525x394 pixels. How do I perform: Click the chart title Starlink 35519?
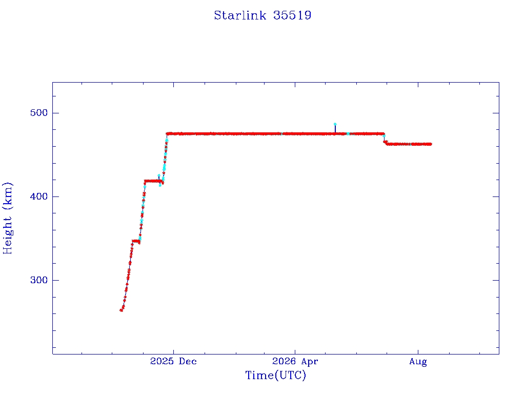262,15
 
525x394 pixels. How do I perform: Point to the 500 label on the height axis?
39,112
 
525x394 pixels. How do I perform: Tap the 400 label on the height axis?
39,196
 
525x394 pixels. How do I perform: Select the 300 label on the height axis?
39,280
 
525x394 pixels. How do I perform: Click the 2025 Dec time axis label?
173,361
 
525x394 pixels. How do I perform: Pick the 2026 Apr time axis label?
295,361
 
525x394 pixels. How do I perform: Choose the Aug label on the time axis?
418,362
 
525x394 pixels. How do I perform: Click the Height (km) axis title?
7,218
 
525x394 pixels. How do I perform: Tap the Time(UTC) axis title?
275,375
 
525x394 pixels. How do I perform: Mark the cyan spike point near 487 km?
335,124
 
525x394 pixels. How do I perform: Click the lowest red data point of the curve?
121,310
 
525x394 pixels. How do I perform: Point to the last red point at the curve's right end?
430,144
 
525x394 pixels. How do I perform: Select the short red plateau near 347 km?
135,241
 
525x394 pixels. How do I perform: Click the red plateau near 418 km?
153,181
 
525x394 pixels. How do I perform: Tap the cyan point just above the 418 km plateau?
159,175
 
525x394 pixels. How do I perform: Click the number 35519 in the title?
292,15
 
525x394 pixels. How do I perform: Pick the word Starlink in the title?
240,15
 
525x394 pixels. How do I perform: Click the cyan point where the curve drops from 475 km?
384,136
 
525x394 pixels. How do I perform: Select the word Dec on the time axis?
188,361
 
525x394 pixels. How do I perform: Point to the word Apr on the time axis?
309,362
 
